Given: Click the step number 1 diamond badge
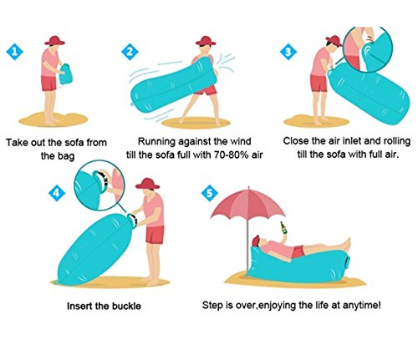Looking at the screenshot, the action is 15,52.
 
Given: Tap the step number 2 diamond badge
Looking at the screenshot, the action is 130,52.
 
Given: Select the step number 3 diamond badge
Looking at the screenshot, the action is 288,52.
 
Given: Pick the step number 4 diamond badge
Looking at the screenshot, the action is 57,193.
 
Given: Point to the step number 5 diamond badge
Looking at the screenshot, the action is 210,193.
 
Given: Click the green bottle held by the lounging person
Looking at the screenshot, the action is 283,228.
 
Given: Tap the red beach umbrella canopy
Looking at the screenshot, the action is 248,204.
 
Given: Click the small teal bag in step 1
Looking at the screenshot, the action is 66,74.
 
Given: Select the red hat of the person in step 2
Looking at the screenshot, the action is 206,41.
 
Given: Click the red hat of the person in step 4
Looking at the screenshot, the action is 147,184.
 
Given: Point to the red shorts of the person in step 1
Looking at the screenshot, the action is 48,84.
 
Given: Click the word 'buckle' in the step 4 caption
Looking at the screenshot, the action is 126,306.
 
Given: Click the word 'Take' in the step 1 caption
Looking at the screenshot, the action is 17,142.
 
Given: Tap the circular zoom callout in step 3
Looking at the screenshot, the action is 368,49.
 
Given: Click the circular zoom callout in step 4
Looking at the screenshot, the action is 99,185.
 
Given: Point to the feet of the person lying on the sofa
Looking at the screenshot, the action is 346,245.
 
